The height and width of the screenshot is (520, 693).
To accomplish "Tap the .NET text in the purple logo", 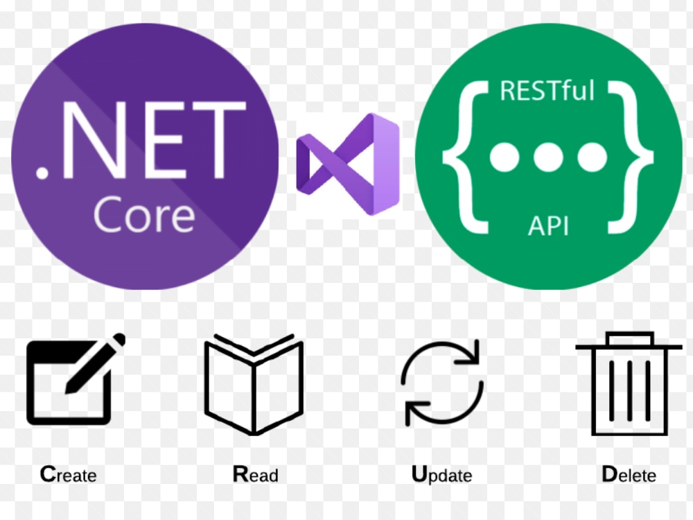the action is pyautogui.click(x=141, y=140).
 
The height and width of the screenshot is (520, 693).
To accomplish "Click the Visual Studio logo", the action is pyautogui.click(x=348, y=164).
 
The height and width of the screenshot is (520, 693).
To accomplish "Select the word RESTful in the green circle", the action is pyautogui.click(x=547, y=91).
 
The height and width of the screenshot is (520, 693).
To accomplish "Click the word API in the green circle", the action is pyautogui.click(x=548, y=226).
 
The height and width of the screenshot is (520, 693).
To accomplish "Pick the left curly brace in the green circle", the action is pyautogui.click(x=466, y=157).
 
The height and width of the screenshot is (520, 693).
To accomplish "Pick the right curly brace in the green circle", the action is pyautogui.click(x=631, y=157).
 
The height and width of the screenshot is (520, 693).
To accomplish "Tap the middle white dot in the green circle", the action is pyautogui.click(x=548, y=157).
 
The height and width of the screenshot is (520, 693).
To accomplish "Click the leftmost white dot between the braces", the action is pyautogui.click(x=505, y=157).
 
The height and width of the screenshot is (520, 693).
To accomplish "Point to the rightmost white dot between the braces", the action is pyautogui.click(x=593, y=157).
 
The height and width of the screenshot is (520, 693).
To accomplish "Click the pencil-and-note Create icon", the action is pyautogui.click(x=75, y=379).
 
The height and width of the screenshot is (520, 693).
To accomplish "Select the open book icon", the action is pyautogui.click(x=254, y=384).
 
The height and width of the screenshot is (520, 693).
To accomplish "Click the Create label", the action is pyautogui.click(x=68, y=474).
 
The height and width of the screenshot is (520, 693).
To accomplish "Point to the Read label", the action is pyautogui.click(x=256, y=474).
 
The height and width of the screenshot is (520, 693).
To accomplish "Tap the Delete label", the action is pyautogui.click(x=629, y=474).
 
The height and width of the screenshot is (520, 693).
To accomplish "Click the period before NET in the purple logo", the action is pyautogui.click(x=42, y=173).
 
